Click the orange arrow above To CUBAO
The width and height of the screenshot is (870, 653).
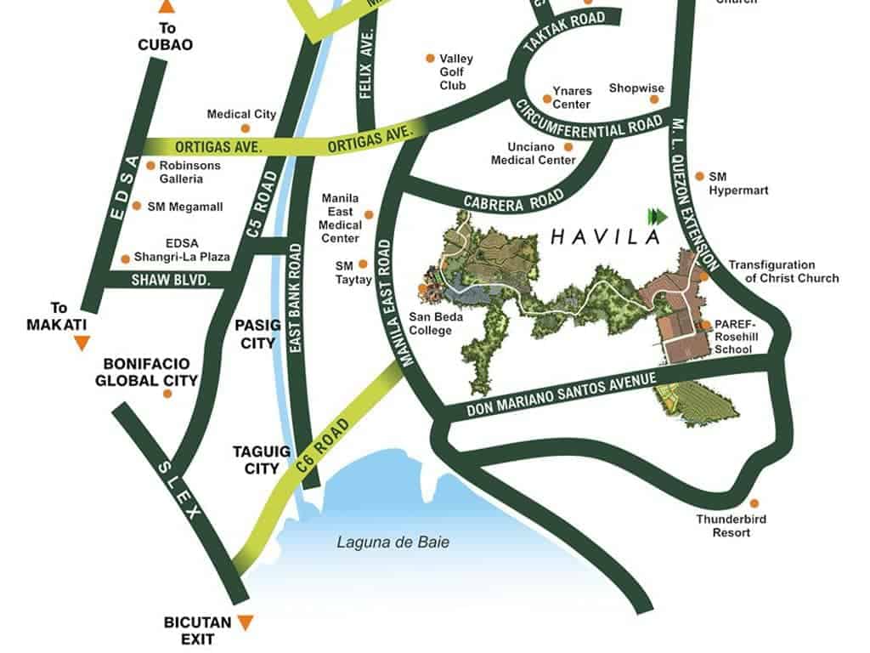tap(167, 7)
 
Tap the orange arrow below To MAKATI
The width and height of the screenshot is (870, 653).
tap(82, 343)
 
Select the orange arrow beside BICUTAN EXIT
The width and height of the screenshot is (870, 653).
tap(246, 622)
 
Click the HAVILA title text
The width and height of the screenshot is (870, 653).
tap(605, 236)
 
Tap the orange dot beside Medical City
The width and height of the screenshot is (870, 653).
tap(246, 128)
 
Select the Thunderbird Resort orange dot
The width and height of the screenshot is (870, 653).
tap(753, 503)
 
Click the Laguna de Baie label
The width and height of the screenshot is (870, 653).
tap(393, 542)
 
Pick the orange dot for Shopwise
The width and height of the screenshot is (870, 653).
tap(655, 99)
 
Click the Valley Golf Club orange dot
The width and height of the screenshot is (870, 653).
tap(430, 59)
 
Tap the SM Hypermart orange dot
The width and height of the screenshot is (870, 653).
tap(699, 176)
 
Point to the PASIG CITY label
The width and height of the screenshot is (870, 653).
tap(256, 334)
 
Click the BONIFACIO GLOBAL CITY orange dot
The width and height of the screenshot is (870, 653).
tap(167, 394)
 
